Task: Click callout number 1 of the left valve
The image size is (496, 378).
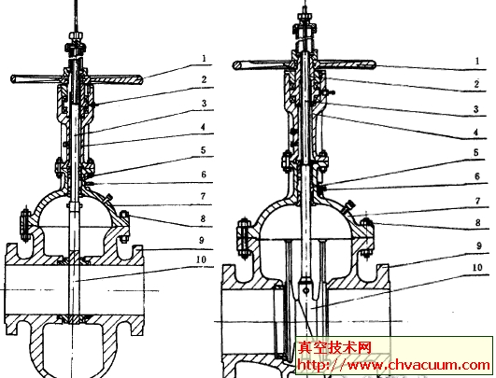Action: (205, 58)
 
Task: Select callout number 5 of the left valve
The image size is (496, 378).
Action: (204, 150)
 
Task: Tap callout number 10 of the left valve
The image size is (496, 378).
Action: (201, 259)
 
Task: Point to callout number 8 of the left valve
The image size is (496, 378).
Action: (203, 218)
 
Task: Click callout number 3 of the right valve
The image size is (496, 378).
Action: (476, 109)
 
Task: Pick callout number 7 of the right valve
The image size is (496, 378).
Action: (477, 201)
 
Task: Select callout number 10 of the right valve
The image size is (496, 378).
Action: (477, 268)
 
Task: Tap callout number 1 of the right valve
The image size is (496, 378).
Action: (477, 61)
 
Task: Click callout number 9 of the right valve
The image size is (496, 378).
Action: (479, 245)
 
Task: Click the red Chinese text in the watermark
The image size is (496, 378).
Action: (334, 347)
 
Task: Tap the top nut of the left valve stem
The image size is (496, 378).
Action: (77, 35)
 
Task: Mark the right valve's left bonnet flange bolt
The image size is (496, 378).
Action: (243, 235)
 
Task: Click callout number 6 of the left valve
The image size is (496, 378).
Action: (204, 175)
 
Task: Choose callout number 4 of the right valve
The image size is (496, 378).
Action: (475, 133)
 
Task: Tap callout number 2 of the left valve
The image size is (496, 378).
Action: (204, 79)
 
